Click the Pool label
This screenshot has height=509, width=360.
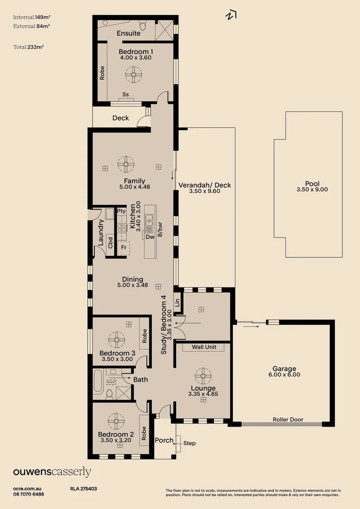pyautogui.click(x=312, y=184)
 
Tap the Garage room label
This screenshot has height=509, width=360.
pyautogui.click(x=284, y=369)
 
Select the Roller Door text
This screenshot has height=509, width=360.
pyautogui.click(x=288, y=419)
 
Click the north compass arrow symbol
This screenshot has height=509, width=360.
pyautogui.click(x=230, y=15)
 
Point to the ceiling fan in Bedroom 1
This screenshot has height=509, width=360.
pyautogui.click(x=133, y=74)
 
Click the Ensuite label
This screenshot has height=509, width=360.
pyautogui.click(x=129, y=33)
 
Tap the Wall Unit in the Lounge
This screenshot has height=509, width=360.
pyautogui.click(x=204, y=347)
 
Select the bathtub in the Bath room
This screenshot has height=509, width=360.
pyautogui.click(x=98, y=382)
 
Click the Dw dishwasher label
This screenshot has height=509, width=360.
pyautogui.click(x=150, y=237)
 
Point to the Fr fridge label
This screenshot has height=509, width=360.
pyautogui.click(x=123, y=247)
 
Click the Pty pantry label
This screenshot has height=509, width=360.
pyautogui.click(x=121, y=211)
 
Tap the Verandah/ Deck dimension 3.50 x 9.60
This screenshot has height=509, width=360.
pyautogui.click(x=205, y=192)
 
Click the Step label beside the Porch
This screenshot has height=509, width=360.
pyautogui.click(x=189, y=443)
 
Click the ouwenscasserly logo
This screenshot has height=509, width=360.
pyautogui.click(x=52, y=472)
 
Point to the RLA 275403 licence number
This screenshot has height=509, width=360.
pyautogui.click(x=83, y=489)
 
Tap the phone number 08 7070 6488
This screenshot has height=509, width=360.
pyautogui.click(x=29, y=494)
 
